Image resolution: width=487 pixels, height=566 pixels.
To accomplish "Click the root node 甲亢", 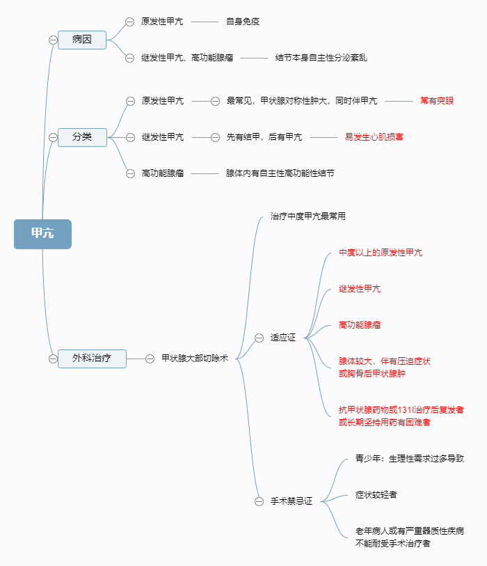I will pyautogui.click(x=42, y=234).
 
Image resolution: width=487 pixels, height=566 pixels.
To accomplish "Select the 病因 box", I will pyautogui.click(x=82, y=40).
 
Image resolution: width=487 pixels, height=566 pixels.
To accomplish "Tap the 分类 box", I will pyautogui.click(x=82, y=137).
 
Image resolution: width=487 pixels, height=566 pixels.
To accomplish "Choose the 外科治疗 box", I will pyautogui.click(x=92, y=359).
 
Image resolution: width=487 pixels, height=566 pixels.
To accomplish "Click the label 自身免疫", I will pyautogui.click(x=243, y=22).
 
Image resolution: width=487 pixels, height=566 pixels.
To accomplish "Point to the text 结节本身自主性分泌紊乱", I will pyautogui.click(x=321, y=58).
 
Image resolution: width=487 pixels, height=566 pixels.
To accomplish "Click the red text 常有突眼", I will pyautogui.click(x=437, y=101).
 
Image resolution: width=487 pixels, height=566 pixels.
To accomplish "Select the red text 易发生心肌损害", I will pyautogui.click(x=374, y=137).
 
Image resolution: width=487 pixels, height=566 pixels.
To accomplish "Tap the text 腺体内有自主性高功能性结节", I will pyautogui.click(x=280, y=173).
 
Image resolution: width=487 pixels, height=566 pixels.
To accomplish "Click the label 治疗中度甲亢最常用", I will pyautogui.click(x=308, y=217).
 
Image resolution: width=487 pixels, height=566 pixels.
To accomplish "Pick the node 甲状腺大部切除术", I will pyautogui.click(x=195, y=359).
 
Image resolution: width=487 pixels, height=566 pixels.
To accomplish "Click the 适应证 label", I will pyautogui.click(x=283, y=338).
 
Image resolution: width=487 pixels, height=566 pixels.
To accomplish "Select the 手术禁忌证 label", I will pyautogui.click(x=292, y=501).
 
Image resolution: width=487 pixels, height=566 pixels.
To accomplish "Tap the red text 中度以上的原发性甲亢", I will pyautogui.click(x=381, y=253).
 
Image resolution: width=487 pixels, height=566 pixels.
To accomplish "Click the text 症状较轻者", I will pyautogui.click(x=376, y=495).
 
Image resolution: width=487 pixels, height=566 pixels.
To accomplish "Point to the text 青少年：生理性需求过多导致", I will pyautogui.click(x=409, y=459).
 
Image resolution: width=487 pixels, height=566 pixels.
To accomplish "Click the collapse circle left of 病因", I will pyautogui.click(x=53, y=40).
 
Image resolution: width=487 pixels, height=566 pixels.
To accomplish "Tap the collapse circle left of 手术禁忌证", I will pyautogui.click(x=259, y=501).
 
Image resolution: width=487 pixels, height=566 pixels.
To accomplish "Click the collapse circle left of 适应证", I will pyautogui.click(x=259, y=338).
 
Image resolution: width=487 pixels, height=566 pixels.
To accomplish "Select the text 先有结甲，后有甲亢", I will pyautogui.click(x=264, y=137).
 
